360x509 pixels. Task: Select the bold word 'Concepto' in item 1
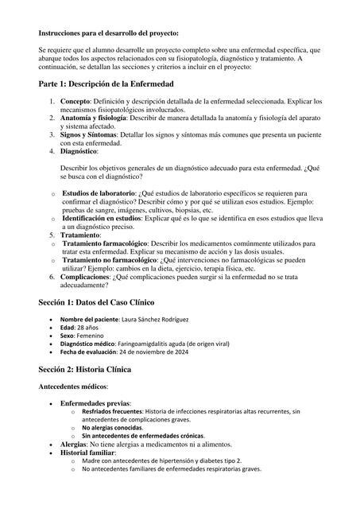(x=75, y=102)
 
